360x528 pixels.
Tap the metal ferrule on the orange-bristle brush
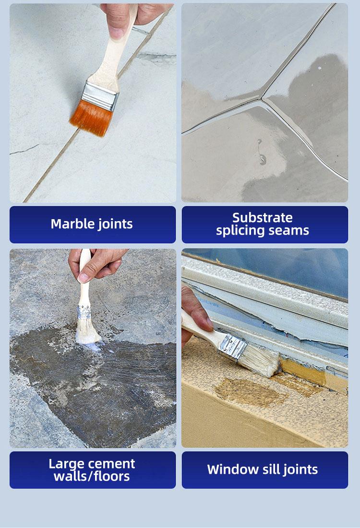[x=100, y=94]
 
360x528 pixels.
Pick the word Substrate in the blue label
[x=262, y=218]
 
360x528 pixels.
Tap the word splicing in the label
[x=238, y=231]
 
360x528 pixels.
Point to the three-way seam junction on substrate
[x=262, y=100]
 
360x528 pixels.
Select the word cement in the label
[x=112, y=464]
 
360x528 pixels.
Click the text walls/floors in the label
[x=91, y=477]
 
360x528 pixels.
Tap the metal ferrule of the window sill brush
[x=233, y=345]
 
